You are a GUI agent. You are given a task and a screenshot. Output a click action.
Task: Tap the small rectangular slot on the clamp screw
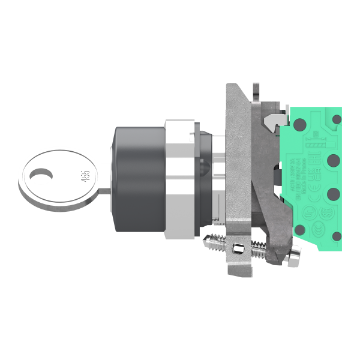click(239, 249)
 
